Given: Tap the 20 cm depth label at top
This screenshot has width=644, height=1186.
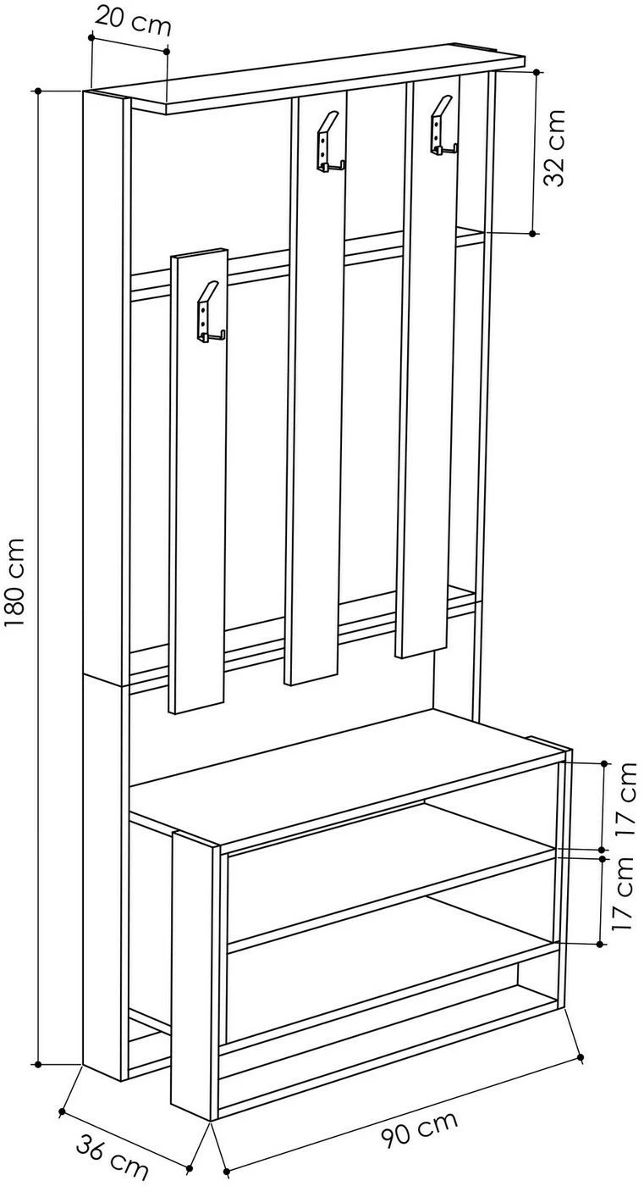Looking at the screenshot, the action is [133, 22].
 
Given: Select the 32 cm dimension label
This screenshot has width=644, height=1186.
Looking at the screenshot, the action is [554, 147].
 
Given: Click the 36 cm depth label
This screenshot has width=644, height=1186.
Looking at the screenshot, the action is [112, 1155].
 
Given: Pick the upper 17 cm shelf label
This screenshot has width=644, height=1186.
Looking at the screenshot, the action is [628, 800].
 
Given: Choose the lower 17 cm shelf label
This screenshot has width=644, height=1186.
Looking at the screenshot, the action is [622, 894].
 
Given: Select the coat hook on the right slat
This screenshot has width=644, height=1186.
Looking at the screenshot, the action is [443, 125].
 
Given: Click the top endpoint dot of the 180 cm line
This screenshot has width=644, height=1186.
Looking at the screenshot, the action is [39, 91].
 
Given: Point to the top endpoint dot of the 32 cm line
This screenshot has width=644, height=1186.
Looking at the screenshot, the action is [537, 71].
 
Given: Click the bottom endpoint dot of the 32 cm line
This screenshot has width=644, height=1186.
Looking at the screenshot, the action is [532, 233].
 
